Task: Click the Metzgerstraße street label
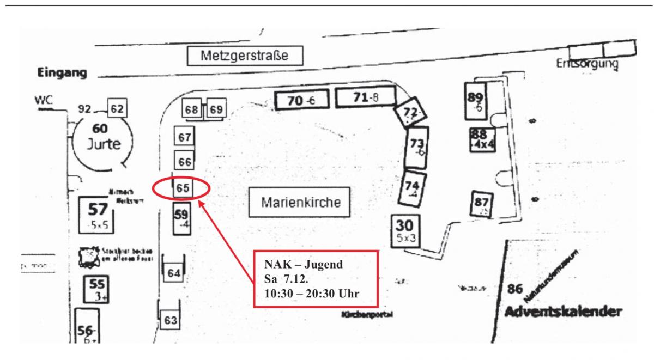(x=244, y=56)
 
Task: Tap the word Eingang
(x=63, y=74)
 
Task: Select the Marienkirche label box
(x=297, y=203)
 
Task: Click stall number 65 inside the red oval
(x=183, y=188)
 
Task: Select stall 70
(x=302, y=100)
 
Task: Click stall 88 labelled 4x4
(x=482, y=141)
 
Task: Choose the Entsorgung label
(x=586, y=64)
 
